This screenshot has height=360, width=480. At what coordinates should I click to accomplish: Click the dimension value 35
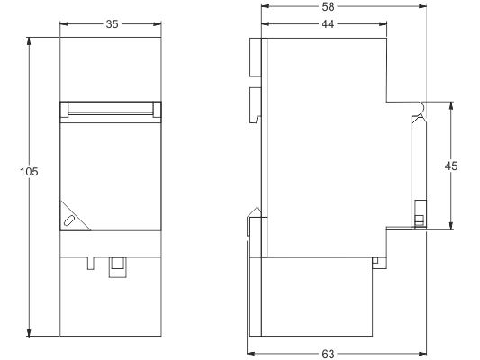tap(112, 24)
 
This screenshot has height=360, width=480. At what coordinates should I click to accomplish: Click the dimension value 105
tap(29, 172)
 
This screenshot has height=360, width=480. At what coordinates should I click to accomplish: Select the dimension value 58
tap(328, 6)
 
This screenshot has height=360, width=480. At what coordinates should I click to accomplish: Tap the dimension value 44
tap(328, 24)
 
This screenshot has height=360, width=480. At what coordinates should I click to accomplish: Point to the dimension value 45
tap(451, 166)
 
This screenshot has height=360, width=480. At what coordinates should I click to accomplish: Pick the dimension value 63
tap(328, 354)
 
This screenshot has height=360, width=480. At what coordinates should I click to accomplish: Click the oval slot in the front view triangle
tap(68, 220)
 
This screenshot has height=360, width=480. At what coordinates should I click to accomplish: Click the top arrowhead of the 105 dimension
tap(29, 41)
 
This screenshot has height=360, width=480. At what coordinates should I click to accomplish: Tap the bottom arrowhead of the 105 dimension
tap(29, 332)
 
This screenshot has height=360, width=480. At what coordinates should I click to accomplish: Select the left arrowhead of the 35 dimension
tap(64, 24)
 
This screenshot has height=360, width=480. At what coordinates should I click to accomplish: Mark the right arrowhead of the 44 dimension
tap(383, 24)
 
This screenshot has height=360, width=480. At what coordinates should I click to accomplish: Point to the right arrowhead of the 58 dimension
tap(422, 6)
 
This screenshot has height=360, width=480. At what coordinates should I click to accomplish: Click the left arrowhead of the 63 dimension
tap(251, 354)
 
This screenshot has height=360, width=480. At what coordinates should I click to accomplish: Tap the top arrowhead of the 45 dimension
tap(451, 105)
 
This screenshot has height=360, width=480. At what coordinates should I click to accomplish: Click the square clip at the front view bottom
tap(118, 267)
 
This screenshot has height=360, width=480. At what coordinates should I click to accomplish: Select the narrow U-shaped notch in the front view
tap(91, 264)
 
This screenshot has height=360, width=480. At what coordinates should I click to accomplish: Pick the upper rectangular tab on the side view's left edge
tap(255, 58)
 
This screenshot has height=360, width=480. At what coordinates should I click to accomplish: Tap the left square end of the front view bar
tap(64, 110)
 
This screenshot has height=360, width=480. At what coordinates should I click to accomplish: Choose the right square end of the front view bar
tap(157, 110)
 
